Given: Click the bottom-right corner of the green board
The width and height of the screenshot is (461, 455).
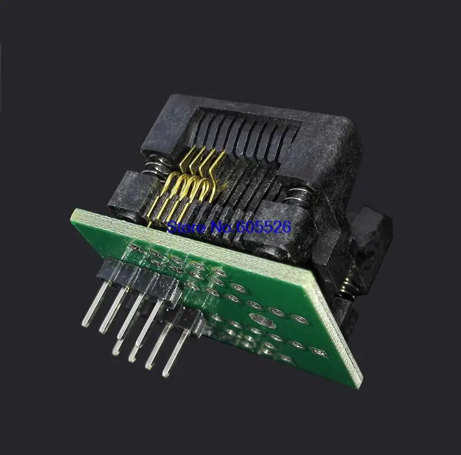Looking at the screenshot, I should pyautogui.click(x=359, y=387).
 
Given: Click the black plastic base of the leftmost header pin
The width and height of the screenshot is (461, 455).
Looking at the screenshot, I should pyautogui.click(x=108, y=273).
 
